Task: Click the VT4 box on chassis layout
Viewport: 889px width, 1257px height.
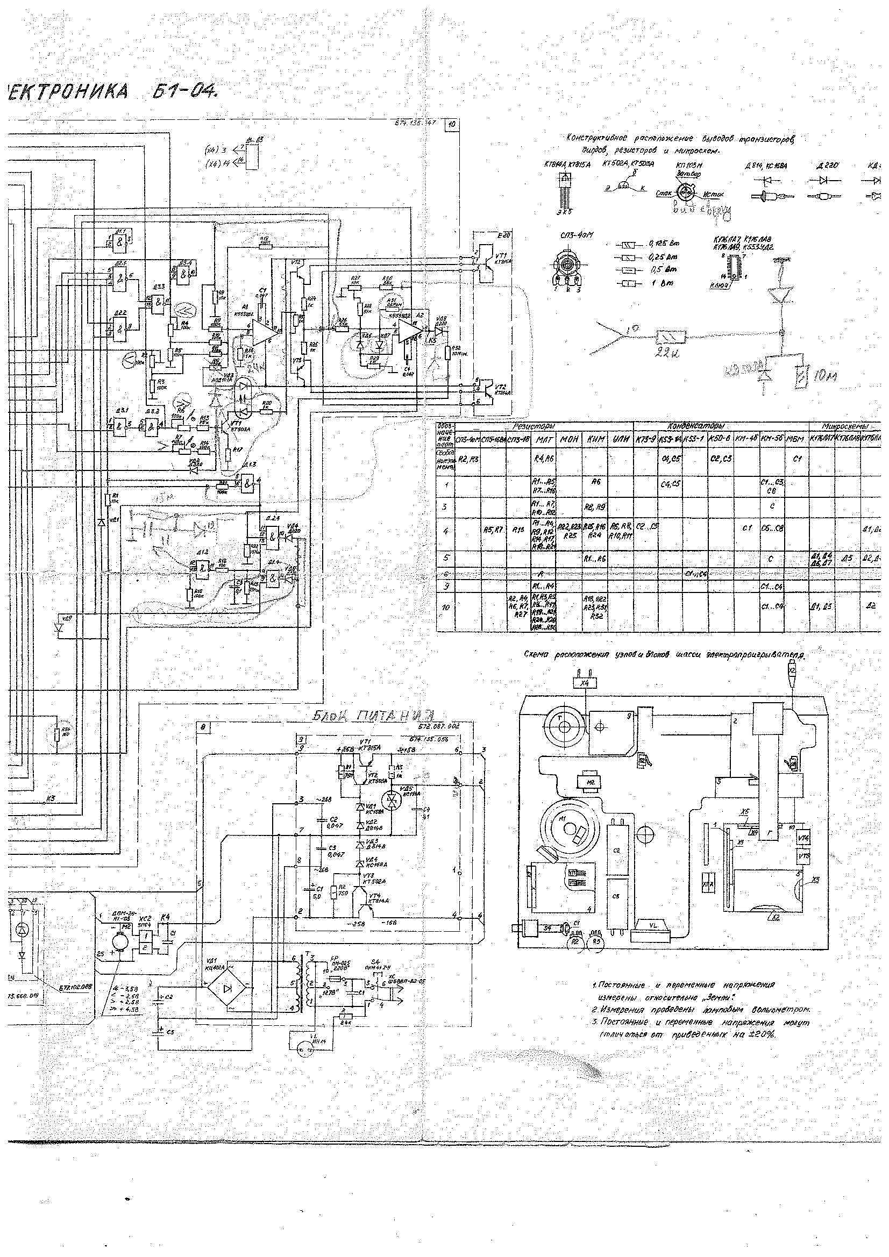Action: pos(803,837)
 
